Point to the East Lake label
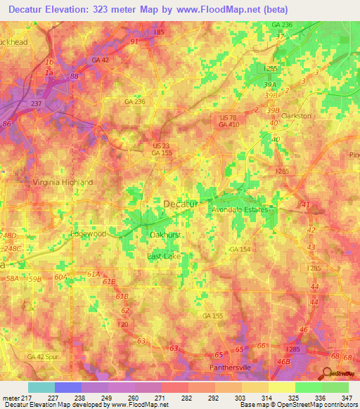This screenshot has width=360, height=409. tap(165, 257)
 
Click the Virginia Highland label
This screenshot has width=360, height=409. tap(63, 182)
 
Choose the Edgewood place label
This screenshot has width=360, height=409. tap(88, 233)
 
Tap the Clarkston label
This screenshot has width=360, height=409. tap(296, 116)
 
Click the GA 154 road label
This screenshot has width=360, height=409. tap(238, 249)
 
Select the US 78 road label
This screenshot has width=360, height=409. tap(229, 117)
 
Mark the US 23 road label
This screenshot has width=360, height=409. tap(162, 145)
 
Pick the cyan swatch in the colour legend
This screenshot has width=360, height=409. tap(41, 387)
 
